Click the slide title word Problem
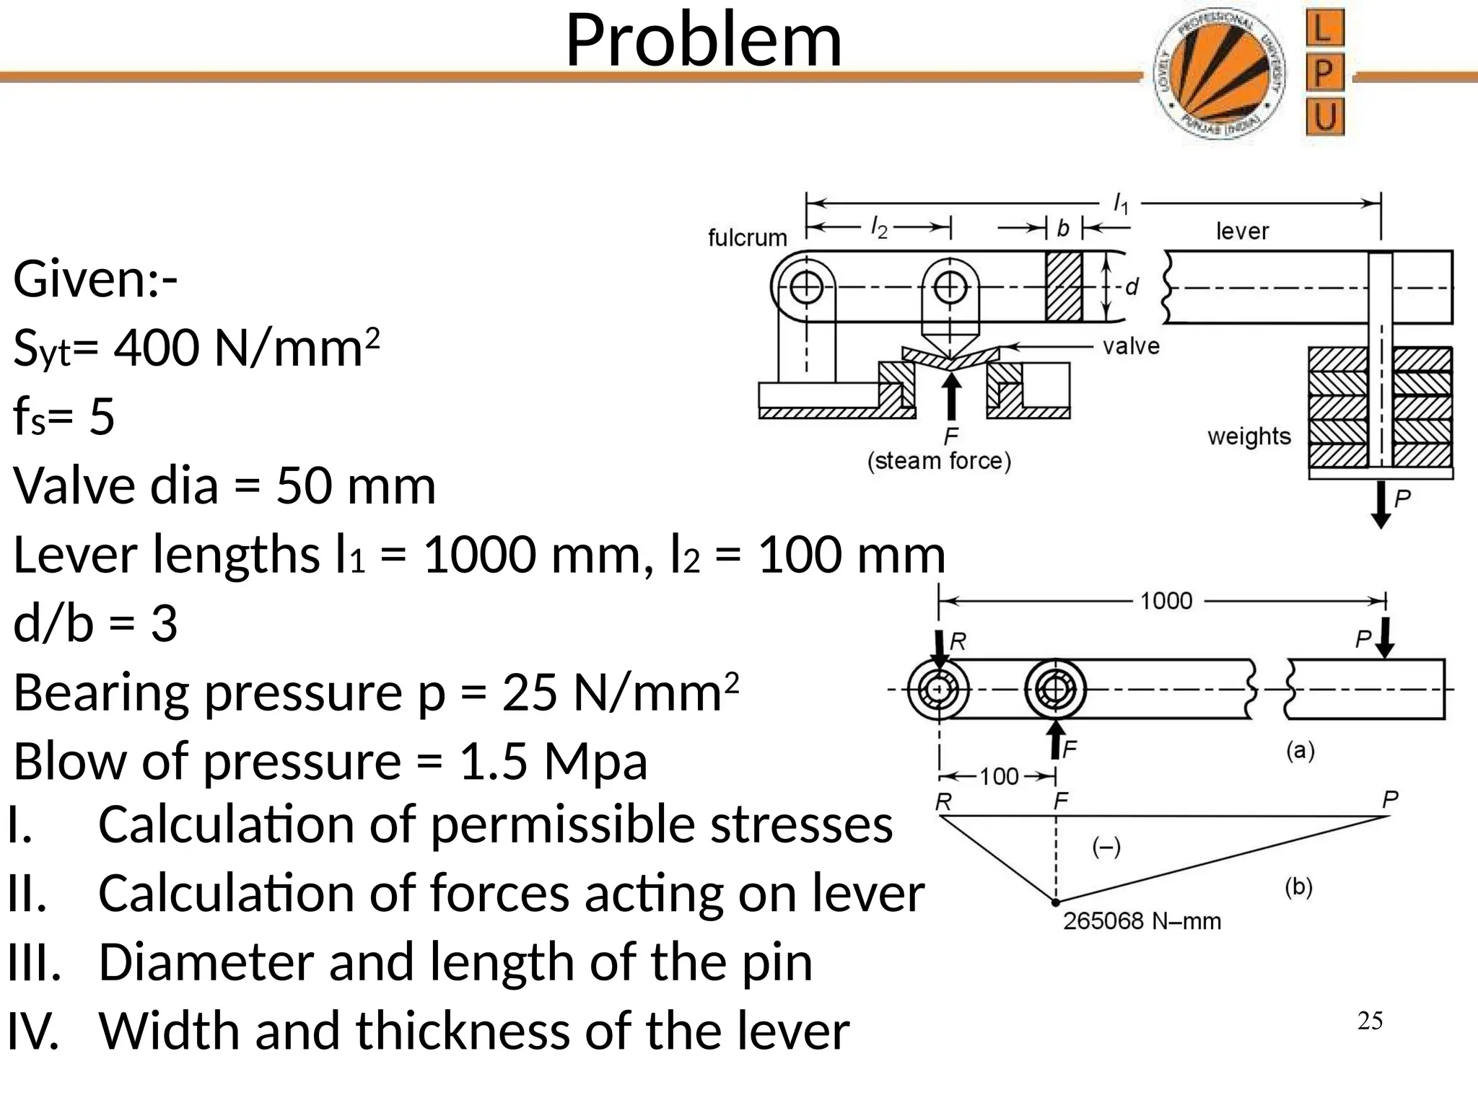(x=704, y=41)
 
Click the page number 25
(x=1370, y=1021)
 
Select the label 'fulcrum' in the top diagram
(x=747, y=237)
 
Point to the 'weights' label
(x=1249, y=436)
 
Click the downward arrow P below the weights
(x=1381, y=505)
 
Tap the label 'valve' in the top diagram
(x=1131, y=347)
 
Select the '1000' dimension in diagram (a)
(x=1166, y=601)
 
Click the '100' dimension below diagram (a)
(x=999, y=777)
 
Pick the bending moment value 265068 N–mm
(x=1142, y=921)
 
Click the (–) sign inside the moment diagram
(x=1106, y=848)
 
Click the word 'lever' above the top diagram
(x=1242, y=231)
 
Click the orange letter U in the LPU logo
(x=1325, y=117)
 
